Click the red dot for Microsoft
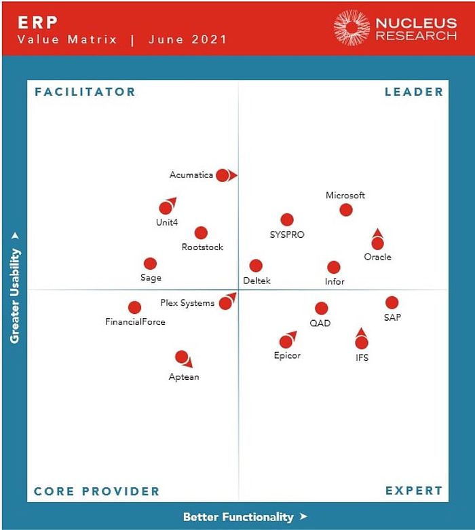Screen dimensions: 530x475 [x=346, y=209]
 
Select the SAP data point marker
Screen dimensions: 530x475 [x=392, y=303]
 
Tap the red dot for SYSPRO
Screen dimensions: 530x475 [x=287, y=219]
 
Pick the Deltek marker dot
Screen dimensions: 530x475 [x=256, y=266]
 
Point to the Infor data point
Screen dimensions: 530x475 [x=333, y=268]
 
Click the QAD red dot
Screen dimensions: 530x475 [x=321, y=308]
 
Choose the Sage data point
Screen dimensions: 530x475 [x=150, y=264]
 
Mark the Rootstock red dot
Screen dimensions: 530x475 [x=201, y=233]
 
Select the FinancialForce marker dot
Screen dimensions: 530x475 [x=135, y=308]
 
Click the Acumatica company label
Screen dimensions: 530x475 [x=191, y=175]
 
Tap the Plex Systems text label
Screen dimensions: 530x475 [x=187, y=303]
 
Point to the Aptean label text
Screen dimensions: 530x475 [x=184, y=377]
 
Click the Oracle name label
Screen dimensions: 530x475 [x=377, y=258]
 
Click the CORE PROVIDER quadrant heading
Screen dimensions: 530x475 [x=97, y=491]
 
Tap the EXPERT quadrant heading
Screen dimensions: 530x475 [x=413, y=491]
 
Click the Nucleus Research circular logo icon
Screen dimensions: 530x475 [x=351, y=28]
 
